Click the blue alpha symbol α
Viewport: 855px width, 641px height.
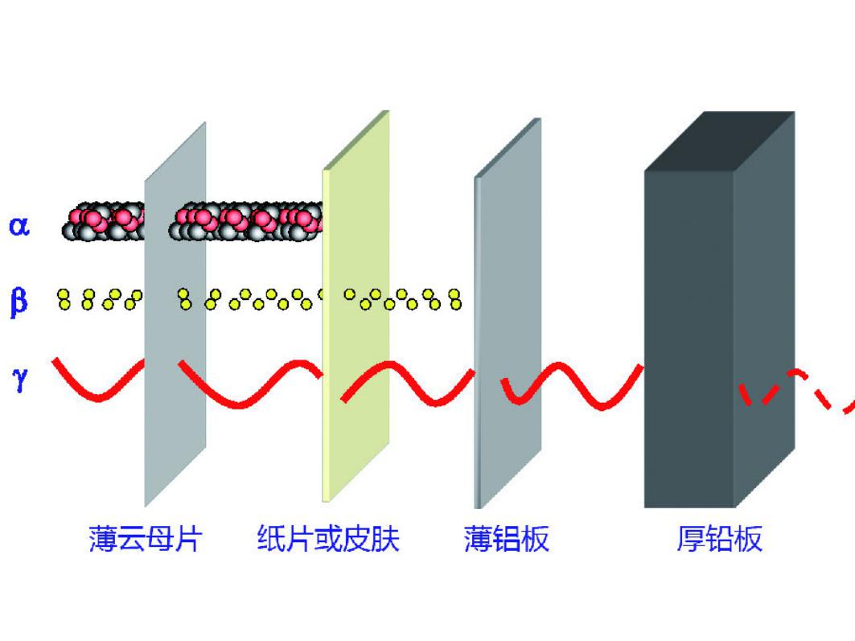[x=19, y=225]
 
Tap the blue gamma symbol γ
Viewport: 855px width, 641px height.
[x=19, y=376]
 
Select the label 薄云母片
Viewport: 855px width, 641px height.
[x=145, y=538]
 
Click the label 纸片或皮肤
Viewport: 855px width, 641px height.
[x=328, y=538]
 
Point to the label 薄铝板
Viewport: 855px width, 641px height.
[x=507, y=538]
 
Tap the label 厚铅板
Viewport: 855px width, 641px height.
[x=719, y=538]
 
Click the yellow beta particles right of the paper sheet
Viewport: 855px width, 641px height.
[x=402, y=299]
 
